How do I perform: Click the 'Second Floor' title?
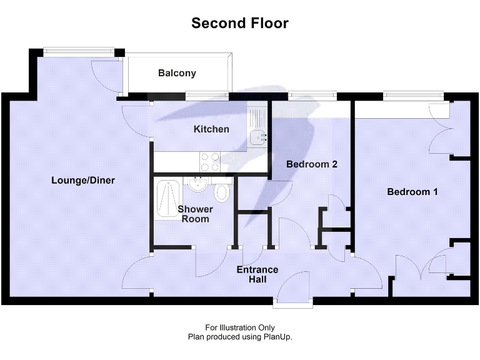tap(240, 24)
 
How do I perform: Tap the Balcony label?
tap(177, 73)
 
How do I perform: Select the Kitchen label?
tap(211, 129)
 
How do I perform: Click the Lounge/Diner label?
tap(83, 180)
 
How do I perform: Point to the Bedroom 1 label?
tap(412, 192)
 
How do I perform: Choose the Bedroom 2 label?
tap(312, 164)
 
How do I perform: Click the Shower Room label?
tap(195, 214)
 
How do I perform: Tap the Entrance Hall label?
tap(257, 274)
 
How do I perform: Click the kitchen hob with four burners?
tap(209, 162)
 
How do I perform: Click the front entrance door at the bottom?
tap(294, 291)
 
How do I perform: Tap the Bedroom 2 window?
tap(312, 96)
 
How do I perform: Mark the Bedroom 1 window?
tap(413, 96)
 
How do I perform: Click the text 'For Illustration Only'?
tap(240, 327)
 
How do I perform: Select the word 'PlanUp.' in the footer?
tap(279, 336)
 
